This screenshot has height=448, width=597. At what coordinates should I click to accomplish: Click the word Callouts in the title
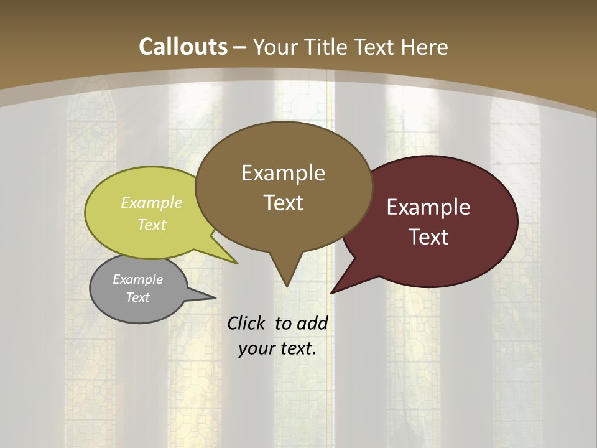tap(183, 47)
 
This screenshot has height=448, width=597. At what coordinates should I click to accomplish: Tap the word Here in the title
tap(425, 47)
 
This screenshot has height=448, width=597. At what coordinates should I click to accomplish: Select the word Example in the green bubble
tap(152, 202)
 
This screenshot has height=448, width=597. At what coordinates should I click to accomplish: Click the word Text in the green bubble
tap(152, 225)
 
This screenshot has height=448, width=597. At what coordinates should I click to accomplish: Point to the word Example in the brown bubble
tap(283, 173)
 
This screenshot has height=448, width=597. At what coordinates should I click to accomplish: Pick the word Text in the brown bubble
tap(283, 203)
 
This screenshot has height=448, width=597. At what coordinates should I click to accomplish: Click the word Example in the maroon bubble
tap(428, 207)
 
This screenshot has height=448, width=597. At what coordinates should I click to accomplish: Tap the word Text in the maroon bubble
tap(428, 237)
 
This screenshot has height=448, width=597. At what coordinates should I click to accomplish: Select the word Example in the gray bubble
tap(137, 279)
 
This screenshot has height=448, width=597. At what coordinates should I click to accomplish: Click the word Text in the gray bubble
tap(137, 297)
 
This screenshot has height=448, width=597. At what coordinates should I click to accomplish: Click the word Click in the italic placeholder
tap(247, 323)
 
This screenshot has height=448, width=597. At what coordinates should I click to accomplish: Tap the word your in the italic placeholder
tap(255, 348)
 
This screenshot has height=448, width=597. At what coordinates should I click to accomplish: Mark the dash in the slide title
tap(240, 47)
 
